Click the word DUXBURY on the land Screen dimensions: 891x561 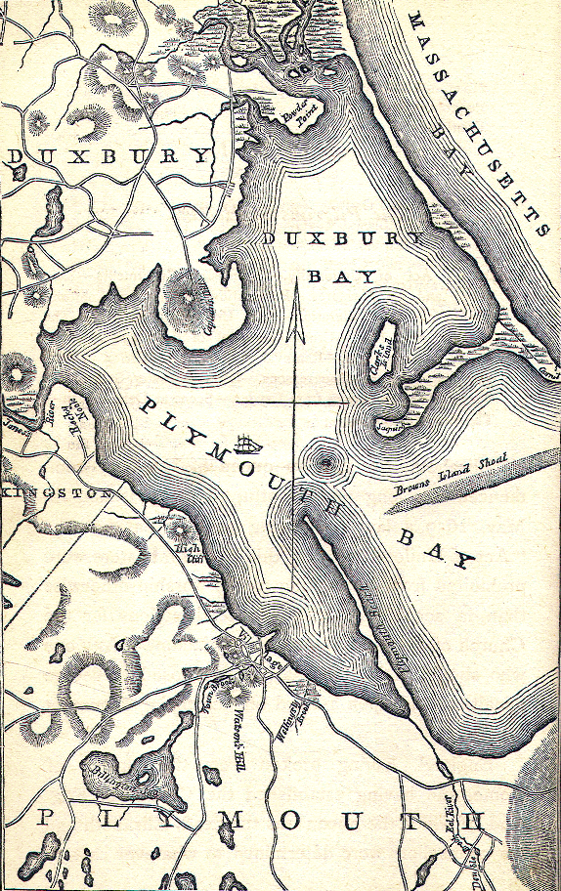[x=108, y=156]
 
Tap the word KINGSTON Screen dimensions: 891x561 [x=57, y=493]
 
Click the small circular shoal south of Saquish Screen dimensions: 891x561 [x=324, y=459]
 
